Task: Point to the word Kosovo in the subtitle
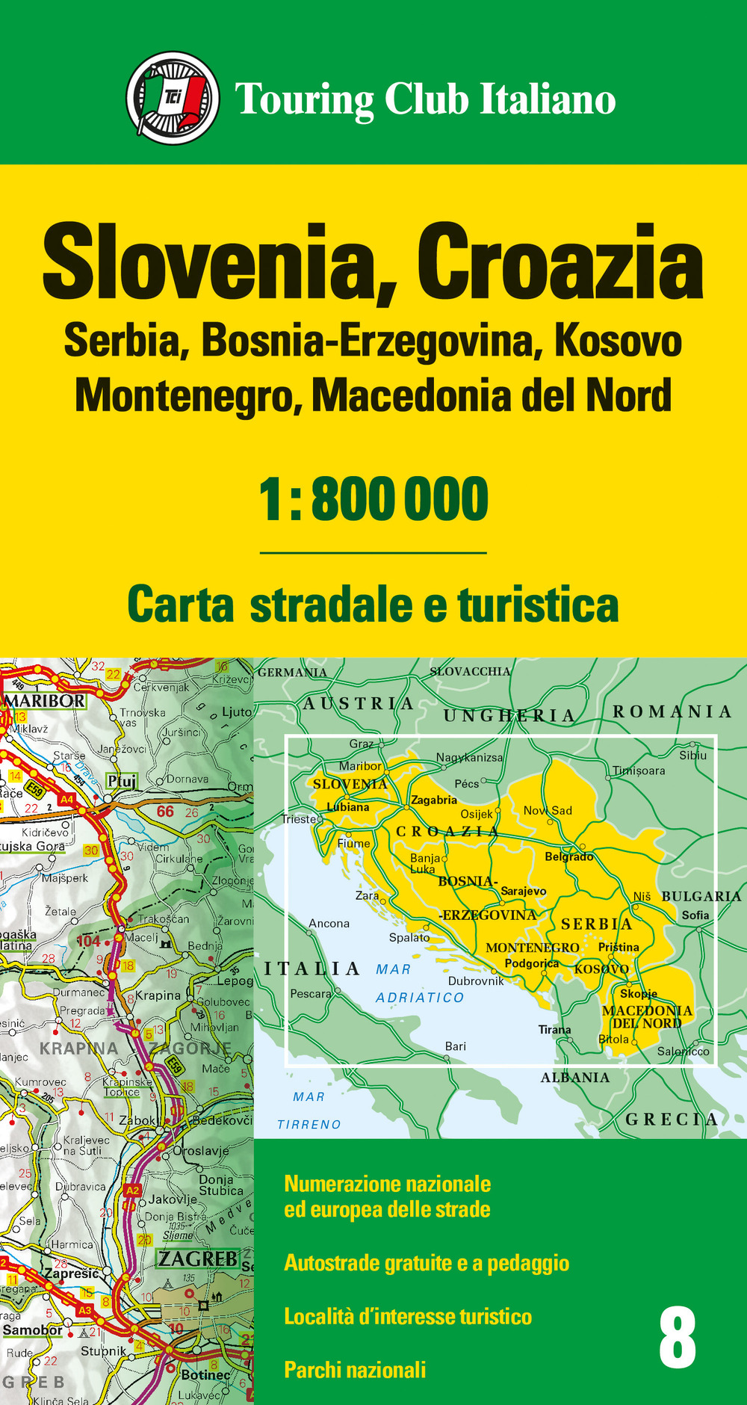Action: [x=618, y=342]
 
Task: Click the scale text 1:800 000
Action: [x=373, y=500]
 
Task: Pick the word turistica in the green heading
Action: [x=538, y=605]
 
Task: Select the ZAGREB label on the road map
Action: [x=197, y=1259]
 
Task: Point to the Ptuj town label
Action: [x=122, y=781]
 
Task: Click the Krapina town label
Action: [x=158, y=995]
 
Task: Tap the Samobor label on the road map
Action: [x=33, y=1330]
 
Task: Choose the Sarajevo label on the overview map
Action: [x=523, y=891]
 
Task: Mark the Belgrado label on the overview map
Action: [x=568, y=856]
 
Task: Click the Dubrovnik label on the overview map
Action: [x=476, y=981]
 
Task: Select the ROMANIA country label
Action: [x=672, y=711]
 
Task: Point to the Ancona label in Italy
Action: [x=329, y=923]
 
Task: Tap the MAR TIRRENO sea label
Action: [x=309, y=1111]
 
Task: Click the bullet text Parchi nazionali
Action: [x=355, y=1370]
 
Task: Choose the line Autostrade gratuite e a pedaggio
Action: [x=427, y=1263]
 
